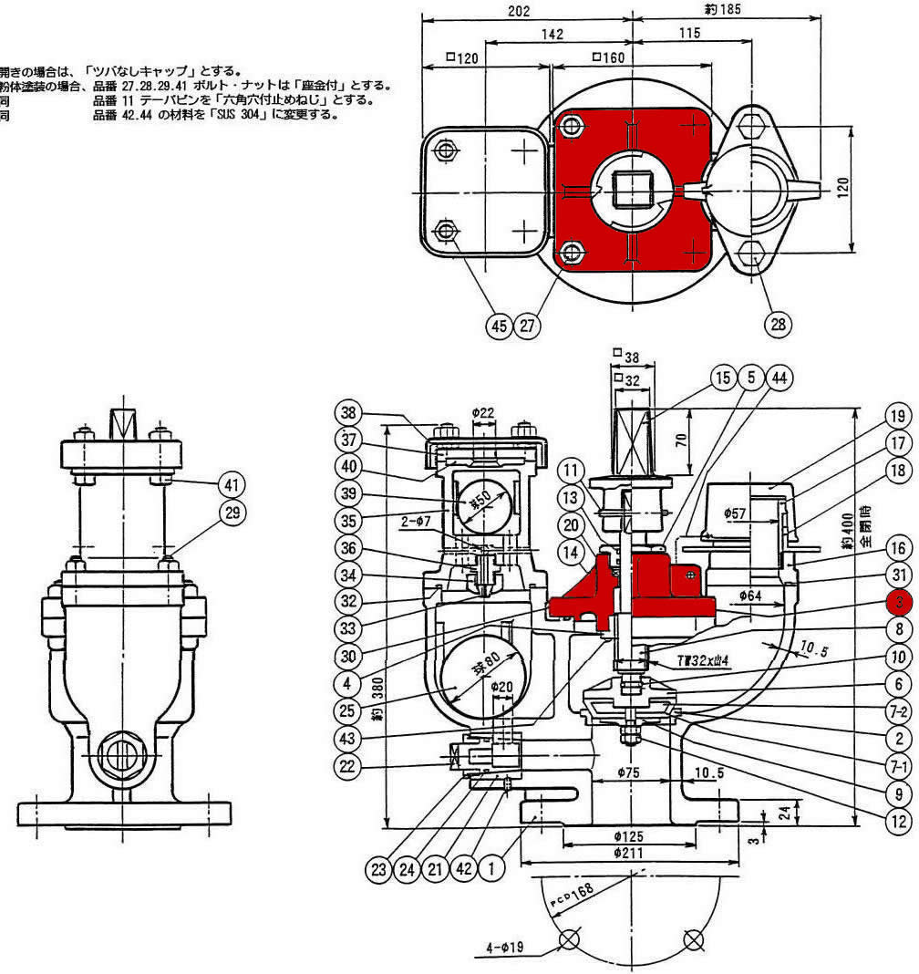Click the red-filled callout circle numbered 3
coord(899,601)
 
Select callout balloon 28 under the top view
coord(778,323)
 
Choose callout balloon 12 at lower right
coord(898,818)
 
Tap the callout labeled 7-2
coord(898,710)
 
